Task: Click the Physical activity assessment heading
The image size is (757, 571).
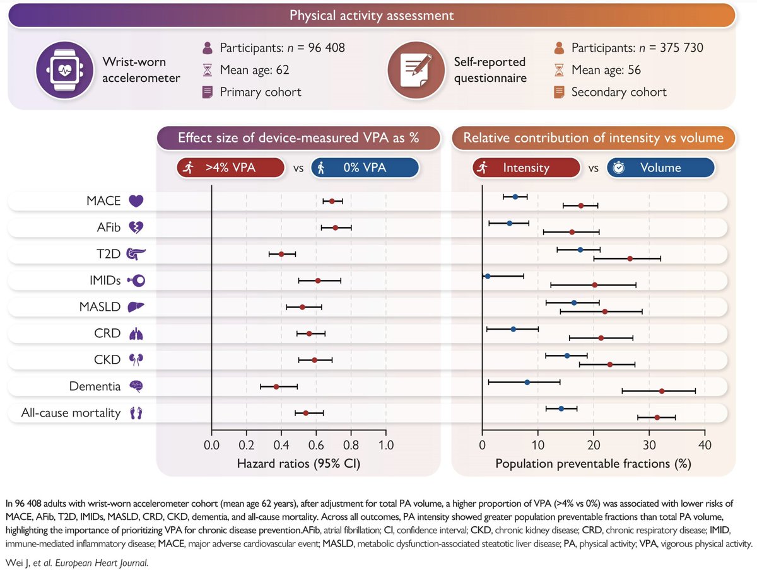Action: point(372,15)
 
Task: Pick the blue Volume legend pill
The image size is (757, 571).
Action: point(660,168)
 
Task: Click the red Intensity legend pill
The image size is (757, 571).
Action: point(526,168)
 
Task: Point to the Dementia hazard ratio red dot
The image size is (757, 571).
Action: point(276,386)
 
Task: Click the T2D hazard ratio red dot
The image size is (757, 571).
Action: point(281,254)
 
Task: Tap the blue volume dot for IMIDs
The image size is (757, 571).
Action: point(487,276)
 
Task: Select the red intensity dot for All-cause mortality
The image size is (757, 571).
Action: point(657,417)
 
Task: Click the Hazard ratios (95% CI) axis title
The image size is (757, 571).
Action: point(298,464)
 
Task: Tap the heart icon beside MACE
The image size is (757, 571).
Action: point(136,201)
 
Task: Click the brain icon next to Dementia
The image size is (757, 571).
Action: point(136,386)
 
